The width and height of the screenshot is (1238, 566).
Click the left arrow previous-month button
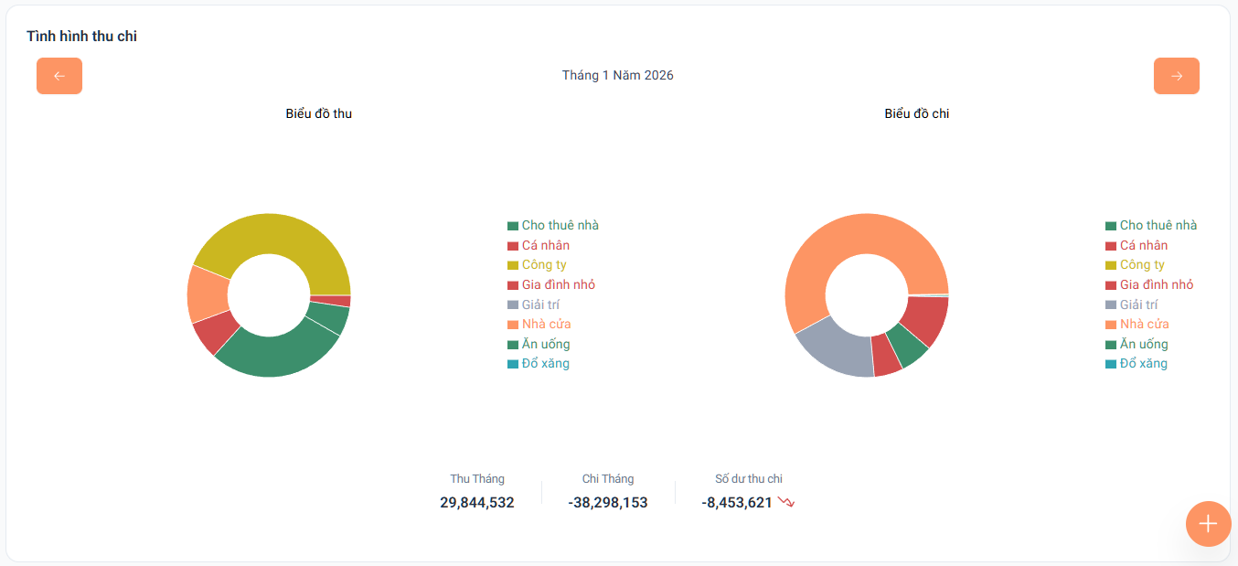59,76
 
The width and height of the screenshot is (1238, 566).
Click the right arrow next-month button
1176,76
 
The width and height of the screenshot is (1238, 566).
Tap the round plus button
1208,524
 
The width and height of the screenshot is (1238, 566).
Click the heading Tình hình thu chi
81,37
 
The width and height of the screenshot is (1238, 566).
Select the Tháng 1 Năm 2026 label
617,75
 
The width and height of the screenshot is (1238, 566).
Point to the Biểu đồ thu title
318,113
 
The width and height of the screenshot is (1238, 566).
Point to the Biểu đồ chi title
916,113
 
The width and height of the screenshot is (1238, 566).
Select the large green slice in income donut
274,352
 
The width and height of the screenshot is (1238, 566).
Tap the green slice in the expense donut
908,344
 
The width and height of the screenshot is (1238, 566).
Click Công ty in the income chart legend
543,265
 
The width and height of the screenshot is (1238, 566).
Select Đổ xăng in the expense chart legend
1143,364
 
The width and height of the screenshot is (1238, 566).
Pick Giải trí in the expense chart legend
1138,304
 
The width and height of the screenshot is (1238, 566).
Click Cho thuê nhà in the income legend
560,226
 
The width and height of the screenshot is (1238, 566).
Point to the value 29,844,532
476,502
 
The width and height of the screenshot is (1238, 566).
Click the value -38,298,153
607,502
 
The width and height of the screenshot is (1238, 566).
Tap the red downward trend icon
786,502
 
